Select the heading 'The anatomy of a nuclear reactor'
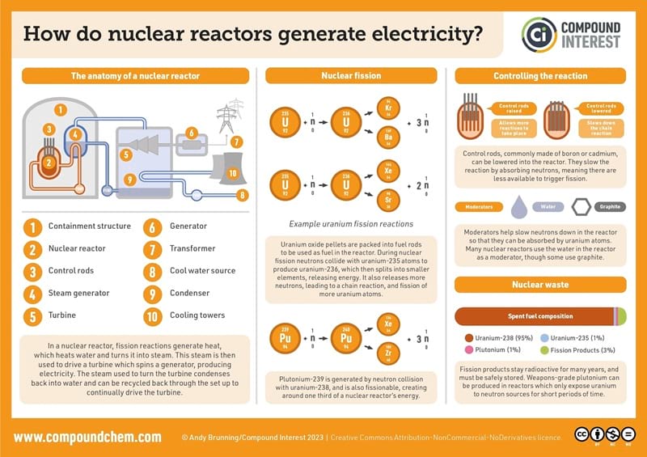pos(135,76)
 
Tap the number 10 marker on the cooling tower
pos(231,172)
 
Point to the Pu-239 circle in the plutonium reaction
pos(285,341)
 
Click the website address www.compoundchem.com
pos(87,437)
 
